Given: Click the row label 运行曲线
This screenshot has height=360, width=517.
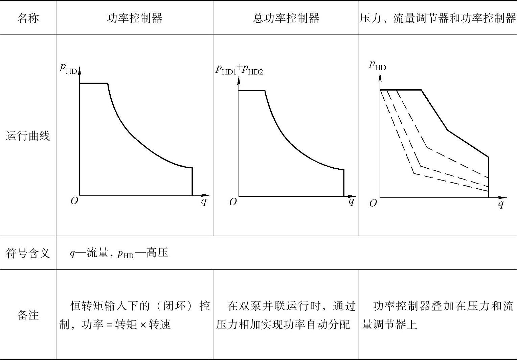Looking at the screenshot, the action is pyautogui.click(x=28, y=136).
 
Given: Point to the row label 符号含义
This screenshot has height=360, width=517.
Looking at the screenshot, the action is pyautogui.click(x=28, y=253).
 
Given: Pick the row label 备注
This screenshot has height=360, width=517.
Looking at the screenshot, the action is pyautogui.click(x=28, y=315).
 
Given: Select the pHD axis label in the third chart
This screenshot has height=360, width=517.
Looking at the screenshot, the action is pyautogui.click(x=378, y=65).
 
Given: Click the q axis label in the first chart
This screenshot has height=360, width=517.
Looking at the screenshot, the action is pyautogui.click(x=204, y=201).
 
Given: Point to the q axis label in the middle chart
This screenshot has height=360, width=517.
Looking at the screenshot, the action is pyautogui.click(x=352, y=201).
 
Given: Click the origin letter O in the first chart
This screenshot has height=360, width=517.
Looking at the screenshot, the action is pyautogui.click(x=74, y=201).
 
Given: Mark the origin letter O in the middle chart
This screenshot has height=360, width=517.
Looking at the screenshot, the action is pyautogui.click(x=233, y=202).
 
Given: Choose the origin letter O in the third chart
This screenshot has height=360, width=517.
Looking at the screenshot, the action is pyautogui.click(x=373, y=203).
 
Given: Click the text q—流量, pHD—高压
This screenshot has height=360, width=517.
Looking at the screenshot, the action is pyautogui.click(x=119, y=253).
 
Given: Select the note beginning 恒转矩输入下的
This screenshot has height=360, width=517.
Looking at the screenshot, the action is pyautogui.click(x=134, y=315).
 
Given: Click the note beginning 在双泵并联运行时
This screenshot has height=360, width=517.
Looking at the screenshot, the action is pyautogui.click(x=286, y=315).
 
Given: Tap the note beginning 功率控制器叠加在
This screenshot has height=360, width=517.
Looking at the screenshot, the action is pyautogui.click(x=437, y=315).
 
